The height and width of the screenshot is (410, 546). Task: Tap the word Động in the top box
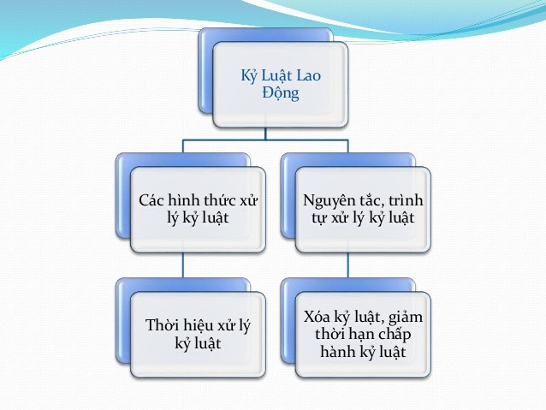coord(280,93)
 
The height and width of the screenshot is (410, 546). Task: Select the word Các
coord(153,200)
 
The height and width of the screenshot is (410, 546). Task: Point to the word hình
coord(187,200)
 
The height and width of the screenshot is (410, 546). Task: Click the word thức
coord(225,200)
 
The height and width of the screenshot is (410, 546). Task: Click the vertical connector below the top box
coord(265,130)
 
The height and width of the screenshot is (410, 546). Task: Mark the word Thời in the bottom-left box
coord(163,326)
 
